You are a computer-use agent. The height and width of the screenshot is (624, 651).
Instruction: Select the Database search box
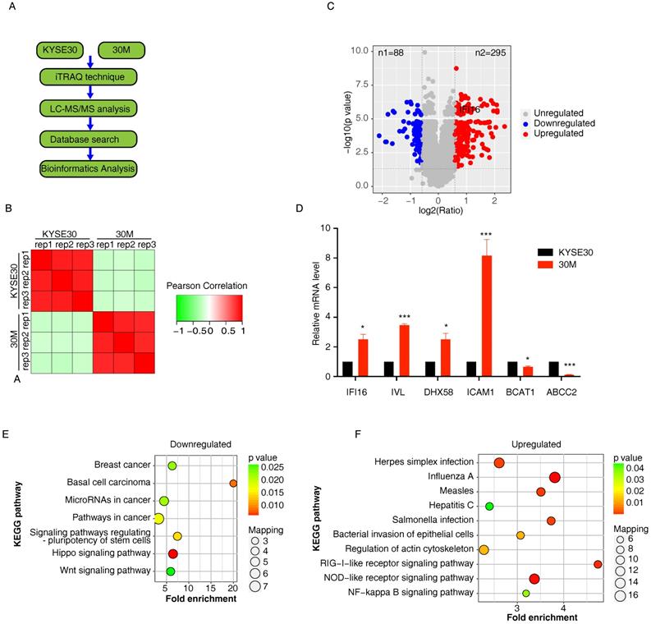pyautogui.click(x=88, y=138)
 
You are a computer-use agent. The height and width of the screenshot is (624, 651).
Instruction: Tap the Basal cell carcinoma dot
pyautogui.click(x=233, y=483)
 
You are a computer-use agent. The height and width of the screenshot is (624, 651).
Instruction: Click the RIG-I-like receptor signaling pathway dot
pyautogui.click(x=598, y=564)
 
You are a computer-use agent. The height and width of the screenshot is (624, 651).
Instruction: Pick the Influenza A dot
pyautogui.click(x=555, y=478)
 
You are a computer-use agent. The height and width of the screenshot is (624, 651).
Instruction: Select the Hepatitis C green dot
pyautogui.click(x=490, y=507)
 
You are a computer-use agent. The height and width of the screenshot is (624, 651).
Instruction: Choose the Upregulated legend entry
pyautogui.click(x=558, y=133)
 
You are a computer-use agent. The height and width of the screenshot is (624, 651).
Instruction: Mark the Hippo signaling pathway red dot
pyautogui.click(x=173, y=554)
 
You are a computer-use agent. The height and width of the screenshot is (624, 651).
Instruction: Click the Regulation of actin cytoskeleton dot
pyautogui.click(x=484, y=549)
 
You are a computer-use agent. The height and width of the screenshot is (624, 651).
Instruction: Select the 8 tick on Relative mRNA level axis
pyautogui.click(x=327, y=257)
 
